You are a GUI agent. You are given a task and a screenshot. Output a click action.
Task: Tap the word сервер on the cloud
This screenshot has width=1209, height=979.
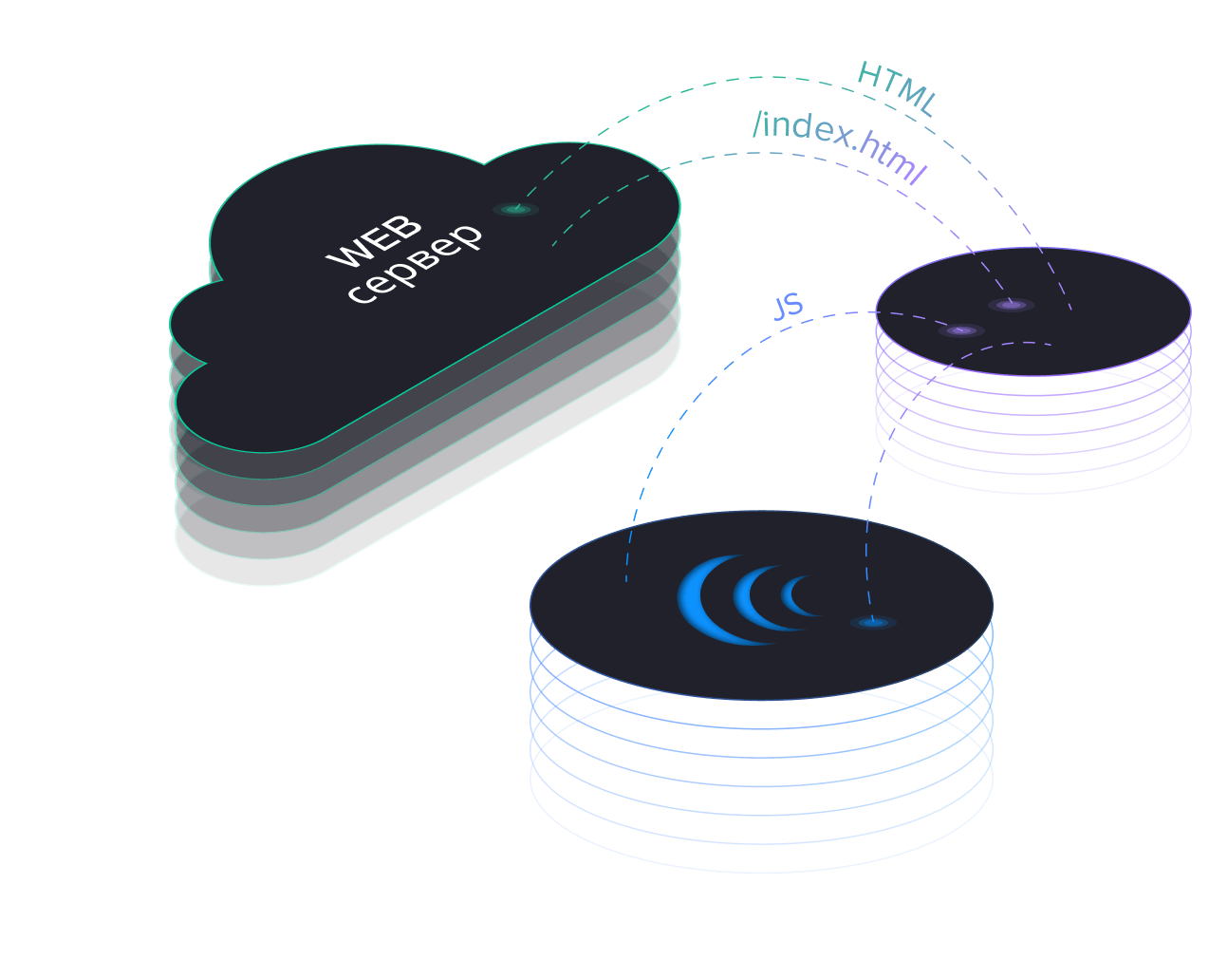pos(415,265)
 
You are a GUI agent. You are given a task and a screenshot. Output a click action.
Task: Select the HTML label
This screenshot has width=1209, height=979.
pos(897,89)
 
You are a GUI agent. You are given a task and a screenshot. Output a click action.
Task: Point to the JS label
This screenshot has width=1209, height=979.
pos(789,307)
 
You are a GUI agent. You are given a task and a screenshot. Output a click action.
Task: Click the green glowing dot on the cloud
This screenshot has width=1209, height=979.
pos(515,209)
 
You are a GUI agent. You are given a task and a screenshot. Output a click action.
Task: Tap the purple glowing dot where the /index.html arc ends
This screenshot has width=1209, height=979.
pos(1012,305)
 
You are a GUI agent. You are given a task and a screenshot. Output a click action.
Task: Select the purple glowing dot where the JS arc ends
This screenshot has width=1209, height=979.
pos(961,330)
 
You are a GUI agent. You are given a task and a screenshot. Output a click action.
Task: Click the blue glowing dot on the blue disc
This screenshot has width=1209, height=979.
pos(872,623)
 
